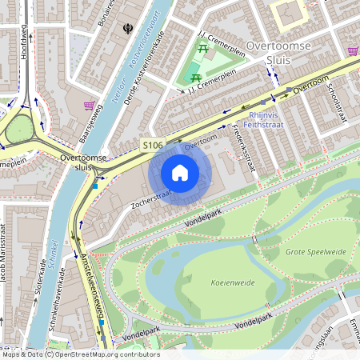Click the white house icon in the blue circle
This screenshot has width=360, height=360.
click(180, 172)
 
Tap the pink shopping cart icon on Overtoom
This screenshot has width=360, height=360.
click(353, 50)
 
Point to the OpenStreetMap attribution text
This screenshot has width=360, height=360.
click(80, 354)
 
